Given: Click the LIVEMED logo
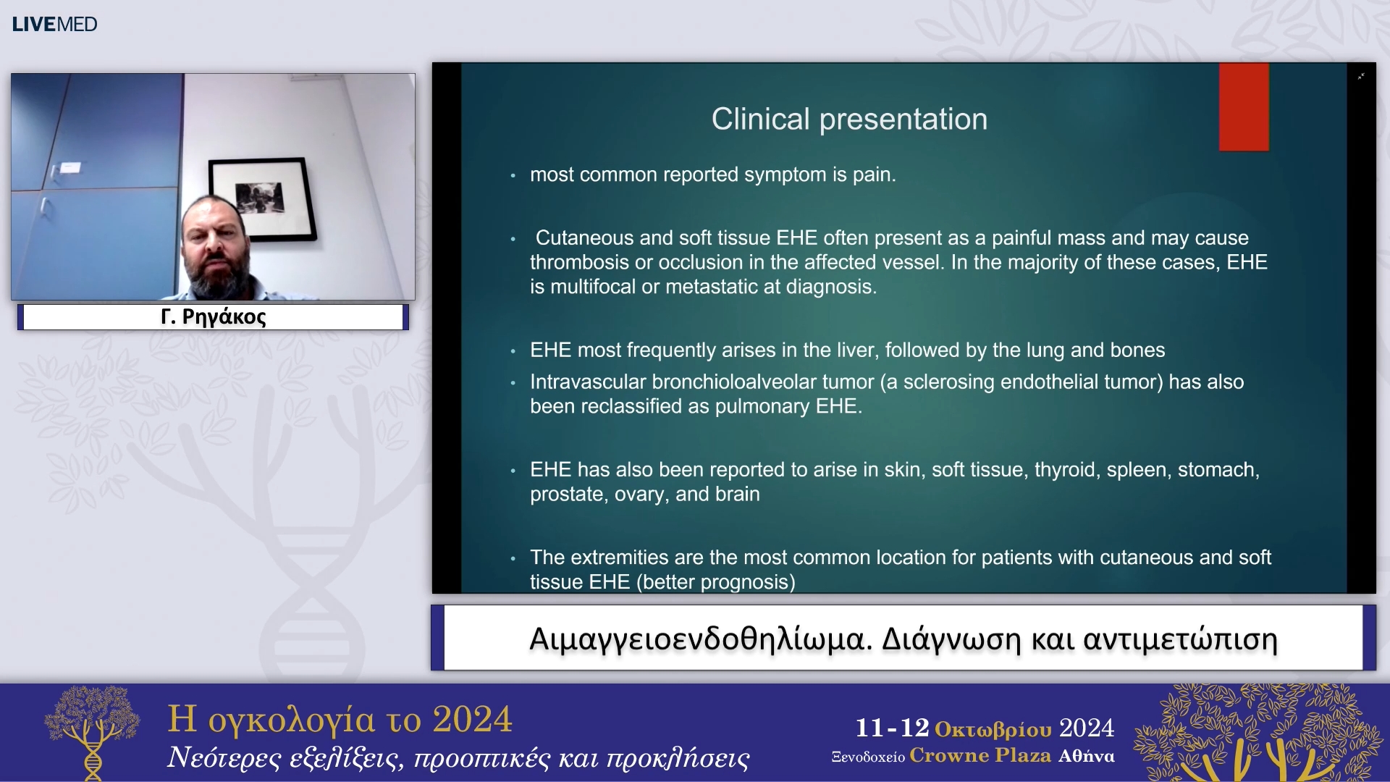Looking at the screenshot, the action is [x=54, y=24].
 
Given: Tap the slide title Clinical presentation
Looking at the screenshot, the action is [x=849, y=119].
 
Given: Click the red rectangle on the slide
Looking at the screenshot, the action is [x=1244, y=106].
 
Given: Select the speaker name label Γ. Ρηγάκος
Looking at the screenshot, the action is [x=213, y=316].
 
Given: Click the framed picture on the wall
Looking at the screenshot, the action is [x=262, y=199].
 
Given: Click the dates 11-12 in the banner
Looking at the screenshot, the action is [x=892, y=728].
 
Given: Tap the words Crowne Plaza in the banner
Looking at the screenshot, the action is [x=980, y=755].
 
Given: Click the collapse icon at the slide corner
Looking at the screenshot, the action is [x=1361, y=76].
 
